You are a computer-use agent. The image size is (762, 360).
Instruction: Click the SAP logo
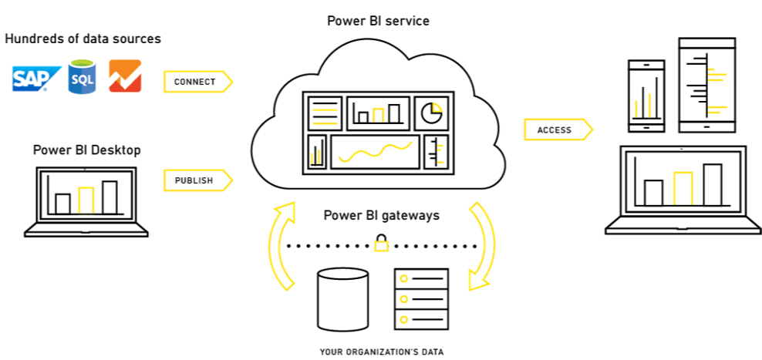click(x=36, y=78)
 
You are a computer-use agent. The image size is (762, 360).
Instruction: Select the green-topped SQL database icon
click(x=82, y=76)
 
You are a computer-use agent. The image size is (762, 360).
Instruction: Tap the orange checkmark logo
click(x=125, y=76)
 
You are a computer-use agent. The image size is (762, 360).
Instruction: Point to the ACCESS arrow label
click(x=558, y=130)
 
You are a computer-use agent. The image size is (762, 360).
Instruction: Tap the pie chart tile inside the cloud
click(x=431, y=113)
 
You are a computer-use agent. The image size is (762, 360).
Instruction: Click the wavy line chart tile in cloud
click(x=375, y=152)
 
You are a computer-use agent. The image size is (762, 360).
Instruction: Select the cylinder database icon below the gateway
click(x=342, y=300)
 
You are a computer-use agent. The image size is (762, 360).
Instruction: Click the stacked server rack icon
click(x=422, y=299)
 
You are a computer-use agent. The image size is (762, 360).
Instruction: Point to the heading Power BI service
click(x=378, y=21)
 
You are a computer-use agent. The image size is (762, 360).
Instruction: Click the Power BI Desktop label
click(x=87, y=150)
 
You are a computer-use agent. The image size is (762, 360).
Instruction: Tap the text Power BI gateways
click(x=382, y=215)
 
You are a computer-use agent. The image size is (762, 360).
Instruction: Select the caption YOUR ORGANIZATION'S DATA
click(x=382, y=352)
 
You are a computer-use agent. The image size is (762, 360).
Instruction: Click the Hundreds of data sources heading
click(x=83, y=39)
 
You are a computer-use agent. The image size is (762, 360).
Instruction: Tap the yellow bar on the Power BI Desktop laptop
click(x=86, y=200)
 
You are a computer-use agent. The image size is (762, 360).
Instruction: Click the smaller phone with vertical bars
click(x=646, y=96)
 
